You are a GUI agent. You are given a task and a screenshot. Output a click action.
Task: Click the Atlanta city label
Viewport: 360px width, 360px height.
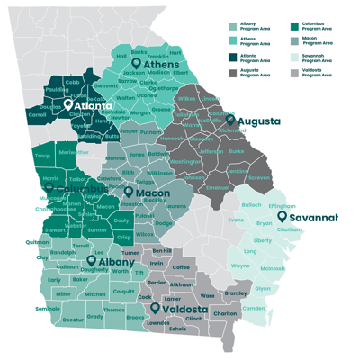[x=93, y=106]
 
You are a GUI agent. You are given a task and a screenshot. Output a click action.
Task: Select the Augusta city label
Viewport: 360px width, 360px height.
[x=259, y=121]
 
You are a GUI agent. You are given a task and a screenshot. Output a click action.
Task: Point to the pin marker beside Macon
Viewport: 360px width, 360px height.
[x=128, y=192]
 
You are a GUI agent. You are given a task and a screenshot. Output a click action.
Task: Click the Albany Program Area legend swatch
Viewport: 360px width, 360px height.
[x=233, y=28]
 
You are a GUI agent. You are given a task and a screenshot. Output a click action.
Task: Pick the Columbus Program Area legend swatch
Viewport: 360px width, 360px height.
[x=294, y=28]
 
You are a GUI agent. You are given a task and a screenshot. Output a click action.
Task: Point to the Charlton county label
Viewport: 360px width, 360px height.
[x=224, y=314]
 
